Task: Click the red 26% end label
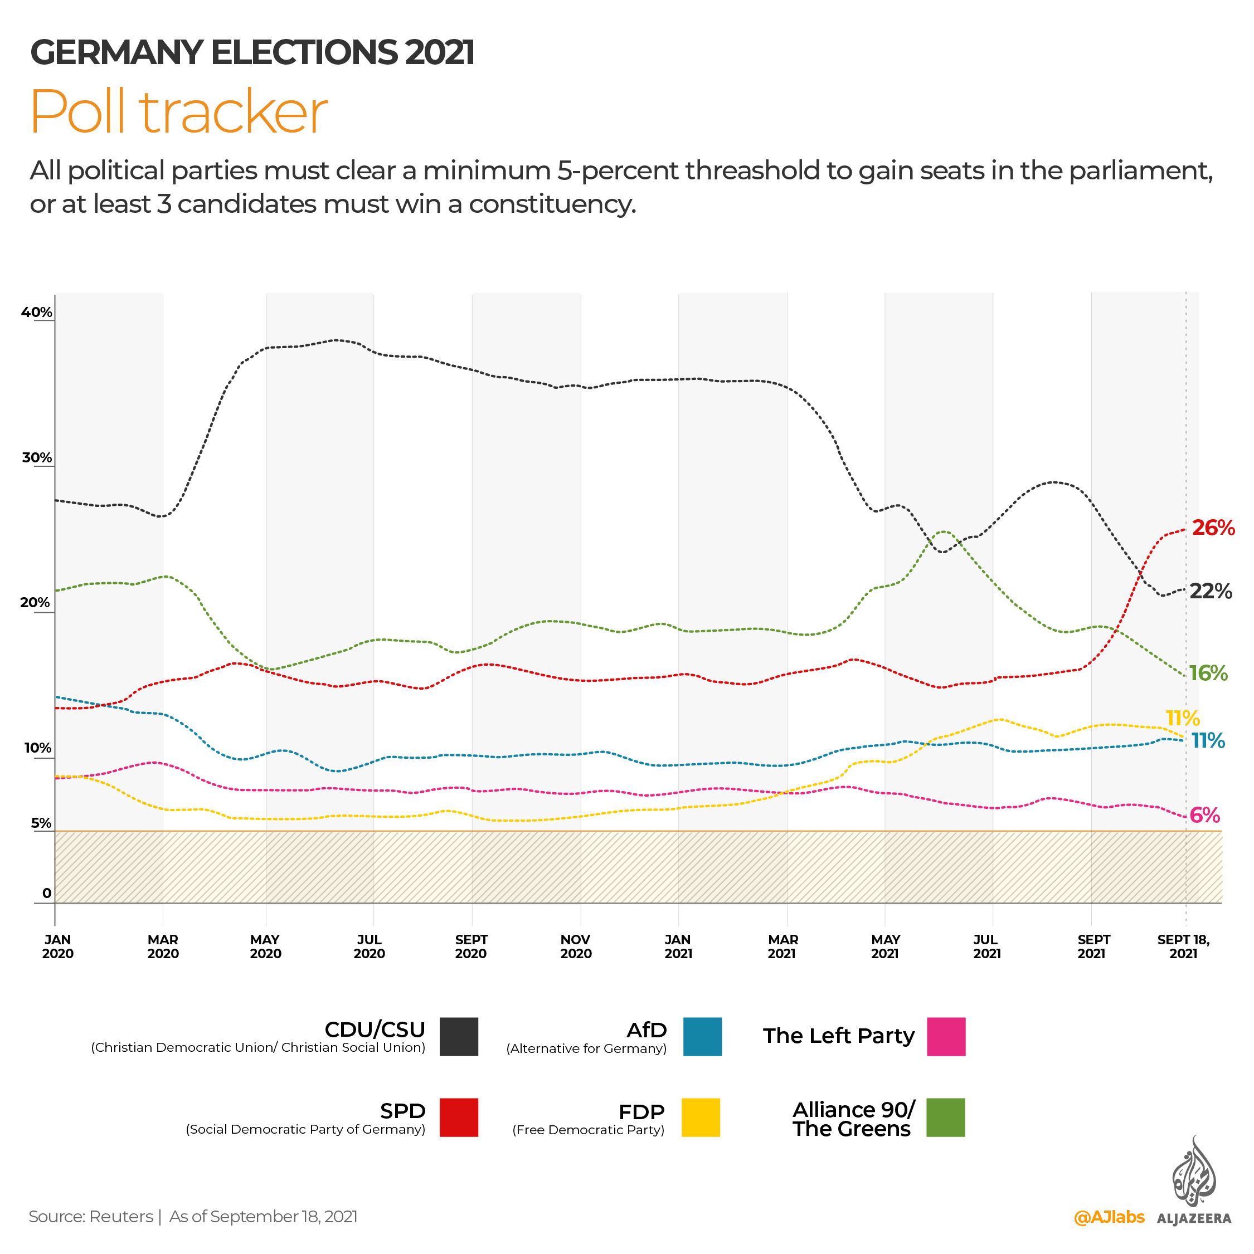click(x=1212, y=528)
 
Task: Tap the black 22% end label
click(x=1210, y=591)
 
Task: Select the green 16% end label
click(x=1207, y=673)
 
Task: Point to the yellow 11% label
click(x=1182, y=718)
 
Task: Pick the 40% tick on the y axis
click(x=36, y=312)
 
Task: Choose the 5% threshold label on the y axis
click(x=41, y=823)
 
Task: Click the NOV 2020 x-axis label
click(x=575, y=946)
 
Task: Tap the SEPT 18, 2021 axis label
click(x=1183, y=946)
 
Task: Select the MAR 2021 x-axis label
click(x=782, y=946)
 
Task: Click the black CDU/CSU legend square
click(x=459, y=1037)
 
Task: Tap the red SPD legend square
click(x=459, y=1117)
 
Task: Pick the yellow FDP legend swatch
click(x=700, y=1117)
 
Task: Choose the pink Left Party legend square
click(x=946, y=1037)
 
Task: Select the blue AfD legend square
click(x=702, y=1037)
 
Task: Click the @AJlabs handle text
click(x=1109, y=1217)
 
